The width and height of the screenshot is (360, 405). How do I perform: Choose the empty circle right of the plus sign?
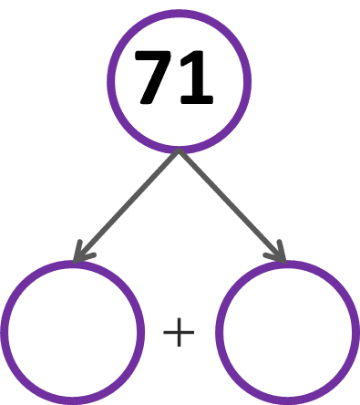(287, 332)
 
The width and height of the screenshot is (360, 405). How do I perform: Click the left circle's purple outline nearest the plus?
(141, 332)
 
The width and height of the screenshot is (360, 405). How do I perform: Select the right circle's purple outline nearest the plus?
(219, 332)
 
